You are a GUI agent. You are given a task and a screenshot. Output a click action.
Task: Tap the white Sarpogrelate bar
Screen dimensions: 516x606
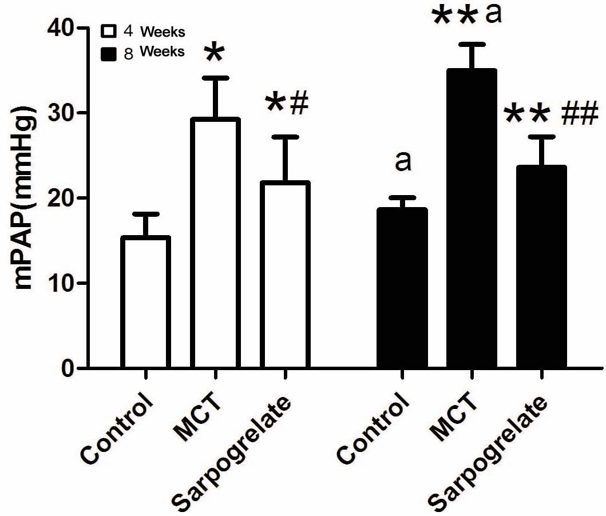pos(285,275)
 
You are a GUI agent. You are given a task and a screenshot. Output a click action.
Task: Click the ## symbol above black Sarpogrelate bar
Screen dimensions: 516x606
pos(579,110)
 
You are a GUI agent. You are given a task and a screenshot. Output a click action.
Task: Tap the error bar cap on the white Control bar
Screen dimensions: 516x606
pos(145,214)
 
